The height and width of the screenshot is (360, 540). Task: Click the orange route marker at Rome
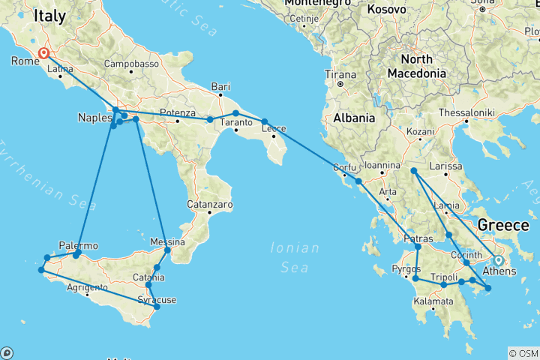[x=43, y=53]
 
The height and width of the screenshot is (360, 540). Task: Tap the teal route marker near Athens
[x=498, y=261]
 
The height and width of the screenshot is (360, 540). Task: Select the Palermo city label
[x=78, y=245]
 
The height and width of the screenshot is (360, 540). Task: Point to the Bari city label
[x=220, y=85]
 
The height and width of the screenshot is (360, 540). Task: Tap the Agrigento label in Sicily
[x=87, y=287]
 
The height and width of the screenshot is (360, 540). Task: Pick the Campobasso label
[x=132, y=64]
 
